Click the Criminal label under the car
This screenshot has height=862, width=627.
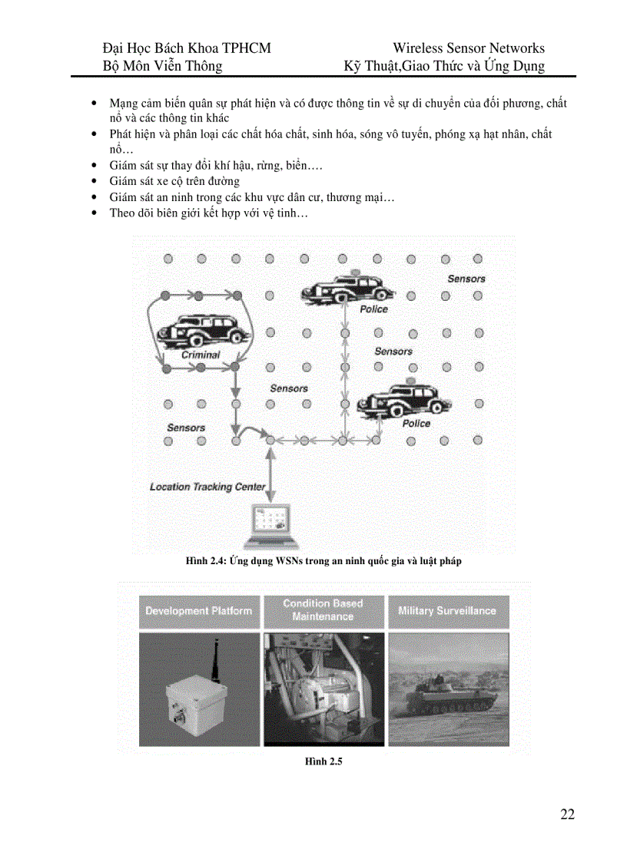click(201, 355)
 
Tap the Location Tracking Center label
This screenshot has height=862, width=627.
click(207, 487)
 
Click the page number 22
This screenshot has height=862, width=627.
click(567, 814)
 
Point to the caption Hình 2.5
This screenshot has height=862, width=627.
click(323, 761)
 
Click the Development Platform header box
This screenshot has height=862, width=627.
click(198, 611)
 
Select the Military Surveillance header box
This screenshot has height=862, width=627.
click(447, 611)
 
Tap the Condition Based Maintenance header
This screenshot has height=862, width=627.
click(323, 610)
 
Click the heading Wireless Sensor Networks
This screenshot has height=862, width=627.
click(468, 48)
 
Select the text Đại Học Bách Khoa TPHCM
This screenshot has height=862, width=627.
click(187, 48)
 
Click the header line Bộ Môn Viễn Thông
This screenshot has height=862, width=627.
click(163, 66)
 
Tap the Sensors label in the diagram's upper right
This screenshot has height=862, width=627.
click(466, 279)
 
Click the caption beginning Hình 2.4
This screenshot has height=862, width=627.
click(323, 561)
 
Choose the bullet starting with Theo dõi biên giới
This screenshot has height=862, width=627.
click(208, 213)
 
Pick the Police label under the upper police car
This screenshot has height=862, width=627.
click(373, 309)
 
